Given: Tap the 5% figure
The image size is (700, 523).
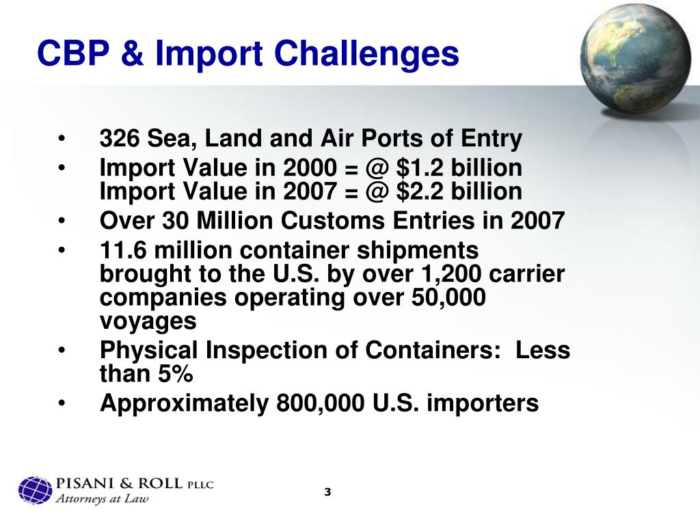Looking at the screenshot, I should (176, 374).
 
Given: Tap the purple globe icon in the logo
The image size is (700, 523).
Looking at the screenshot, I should (35, 490).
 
